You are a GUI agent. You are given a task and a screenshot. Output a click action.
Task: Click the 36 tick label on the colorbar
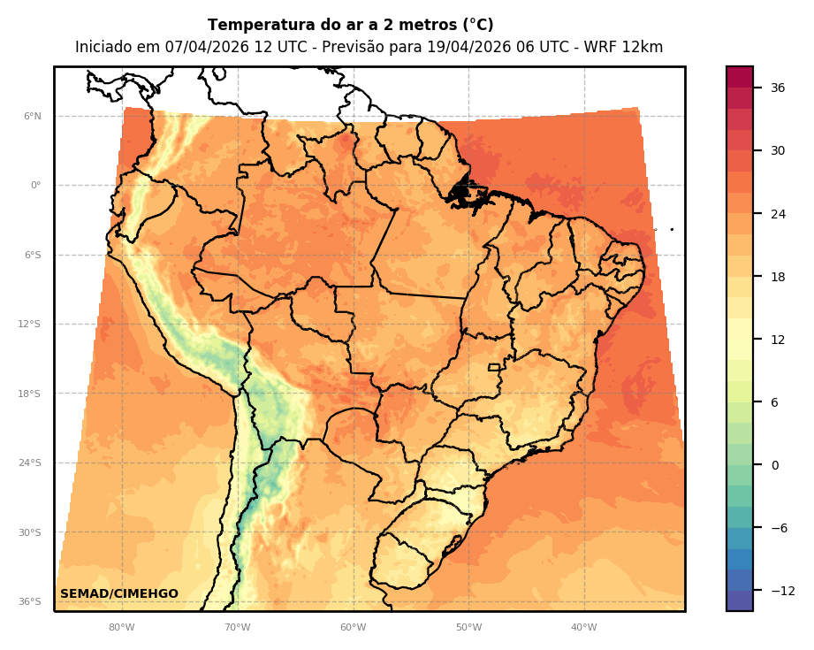coord(778,88)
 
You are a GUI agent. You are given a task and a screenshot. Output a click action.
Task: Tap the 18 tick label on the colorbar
coord(778,277)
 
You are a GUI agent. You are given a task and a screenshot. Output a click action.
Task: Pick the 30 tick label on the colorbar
coord(778,150)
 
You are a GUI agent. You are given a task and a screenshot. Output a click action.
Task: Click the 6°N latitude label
coord(32,116)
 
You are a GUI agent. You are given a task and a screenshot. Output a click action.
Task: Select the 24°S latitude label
coord(30,463)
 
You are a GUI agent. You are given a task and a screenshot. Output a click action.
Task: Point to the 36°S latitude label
coord(30,601)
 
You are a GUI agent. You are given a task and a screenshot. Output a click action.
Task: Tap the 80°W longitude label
coord(122,628)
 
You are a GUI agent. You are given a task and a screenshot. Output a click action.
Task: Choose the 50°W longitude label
coord(469,628)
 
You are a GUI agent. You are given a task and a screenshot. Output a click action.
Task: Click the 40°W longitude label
coord(584,628)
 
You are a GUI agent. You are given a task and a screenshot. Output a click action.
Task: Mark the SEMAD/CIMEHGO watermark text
coord(119,593)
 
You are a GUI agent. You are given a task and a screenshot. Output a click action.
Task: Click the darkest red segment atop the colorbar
coord(740,77)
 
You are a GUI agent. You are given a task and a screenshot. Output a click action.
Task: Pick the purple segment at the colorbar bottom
coord(740,600)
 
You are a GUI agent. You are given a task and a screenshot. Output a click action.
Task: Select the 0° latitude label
coord(34,186)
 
